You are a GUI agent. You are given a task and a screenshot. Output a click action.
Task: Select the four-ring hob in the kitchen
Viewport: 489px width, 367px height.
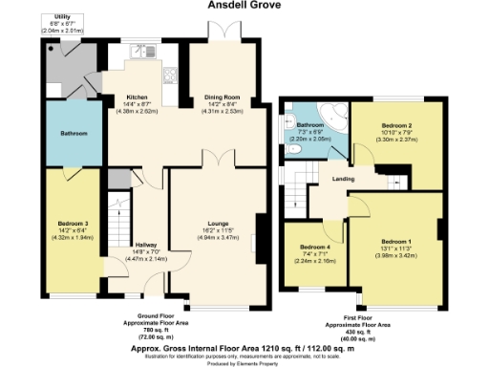pos(172,77)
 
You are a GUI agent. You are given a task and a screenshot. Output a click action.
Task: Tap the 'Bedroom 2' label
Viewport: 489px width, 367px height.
pos(397,126)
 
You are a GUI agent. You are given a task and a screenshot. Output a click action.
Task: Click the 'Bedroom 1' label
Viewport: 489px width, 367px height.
pos(395,241)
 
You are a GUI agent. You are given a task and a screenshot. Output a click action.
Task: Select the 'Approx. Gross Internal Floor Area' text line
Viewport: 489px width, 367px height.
pos(243,350)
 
